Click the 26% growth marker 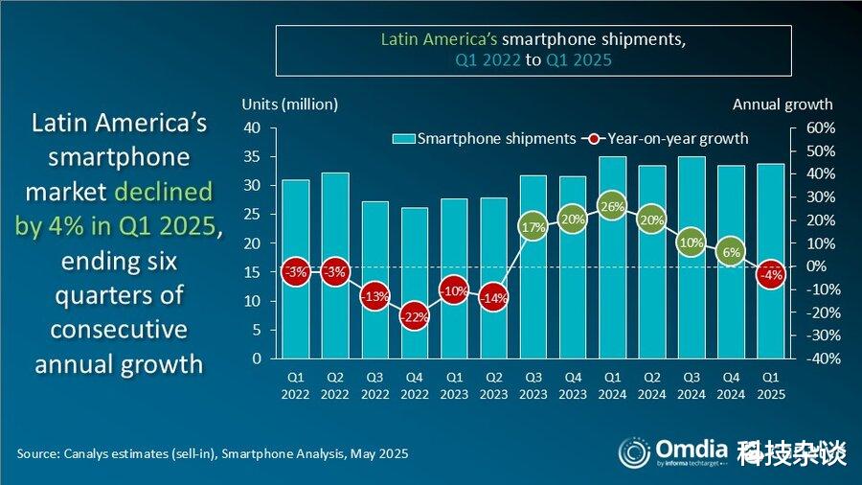tap(612, 206)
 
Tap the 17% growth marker tap(533, 227)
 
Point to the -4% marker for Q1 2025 tap(770, 275)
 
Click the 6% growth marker tap(731, 252)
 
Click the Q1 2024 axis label tap(612, 386)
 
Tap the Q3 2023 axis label tap(533, 386)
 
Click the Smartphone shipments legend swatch tap(403, 139)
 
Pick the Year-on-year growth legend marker tap(594, 139)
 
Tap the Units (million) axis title tap(289, 104)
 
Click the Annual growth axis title tap(783, 104)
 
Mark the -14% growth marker tap(493, 298)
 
